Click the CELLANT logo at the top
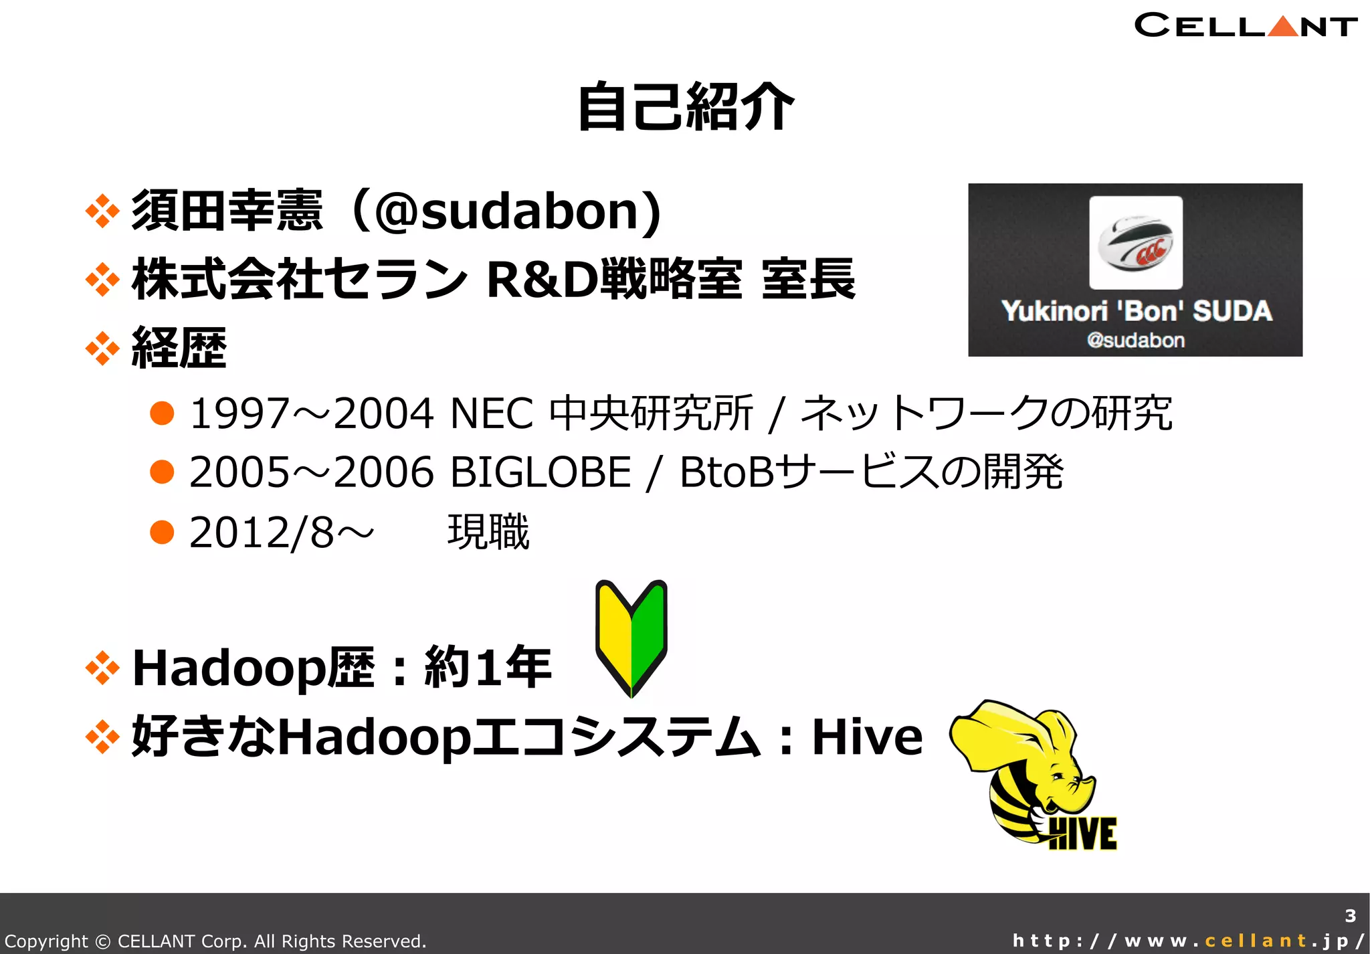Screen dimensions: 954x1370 pos(1245,25)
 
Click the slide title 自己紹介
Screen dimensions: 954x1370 pos(685,107)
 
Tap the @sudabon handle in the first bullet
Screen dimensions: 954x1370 pos(508,211)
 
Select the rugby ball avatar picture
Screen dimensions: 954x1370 pos(1135,242)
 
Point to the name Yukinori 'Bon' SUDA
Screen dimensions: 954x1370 pos(1136,311)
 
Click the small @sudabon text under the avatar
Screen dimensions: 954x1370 pos(1136,341)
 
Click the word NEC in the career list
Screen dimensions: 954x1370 pos(492,413)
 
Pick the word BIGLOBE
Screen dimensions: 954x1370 pos(541,472)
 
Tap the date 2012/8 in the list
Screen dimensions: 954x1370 pos(261,533)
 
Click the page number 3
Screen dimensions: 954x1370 pos(1350,916)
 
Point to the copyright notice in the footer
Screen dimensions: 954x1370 pos(215,941)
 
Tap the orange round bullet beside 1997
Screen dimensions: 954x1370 pos(162,413)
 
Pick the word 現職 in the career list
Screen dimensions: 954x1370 pos(488,533)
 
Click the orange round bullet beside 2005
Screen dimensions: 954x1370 pos(162,472)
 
